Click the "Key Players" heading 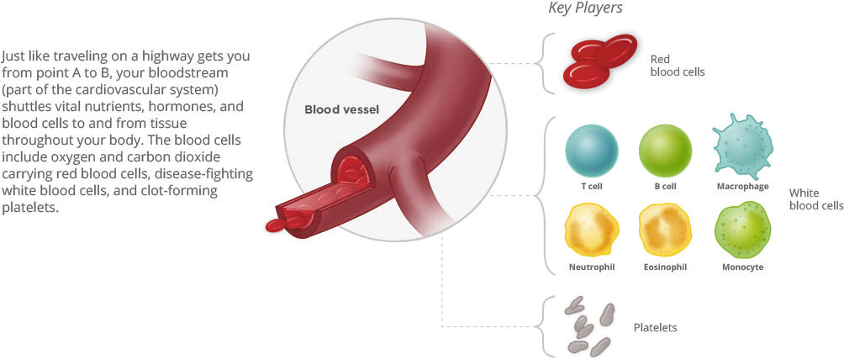click(x=585, y=9)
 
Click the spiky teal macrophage click(x=742, y=146)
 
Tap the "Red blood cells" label click(x=676, y=66)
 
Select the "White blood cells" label click(x=815, y=199)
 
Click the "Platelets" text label click(x=655, y=327)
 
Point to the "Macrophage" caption click(x=742, y=186)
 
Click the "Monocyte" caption click(x=742, y=267)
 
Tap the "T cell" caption click(x=592, y=186)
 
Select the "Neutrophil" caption click(x=592, y=267)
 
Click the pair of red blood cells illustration click(x=602, y=61)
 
